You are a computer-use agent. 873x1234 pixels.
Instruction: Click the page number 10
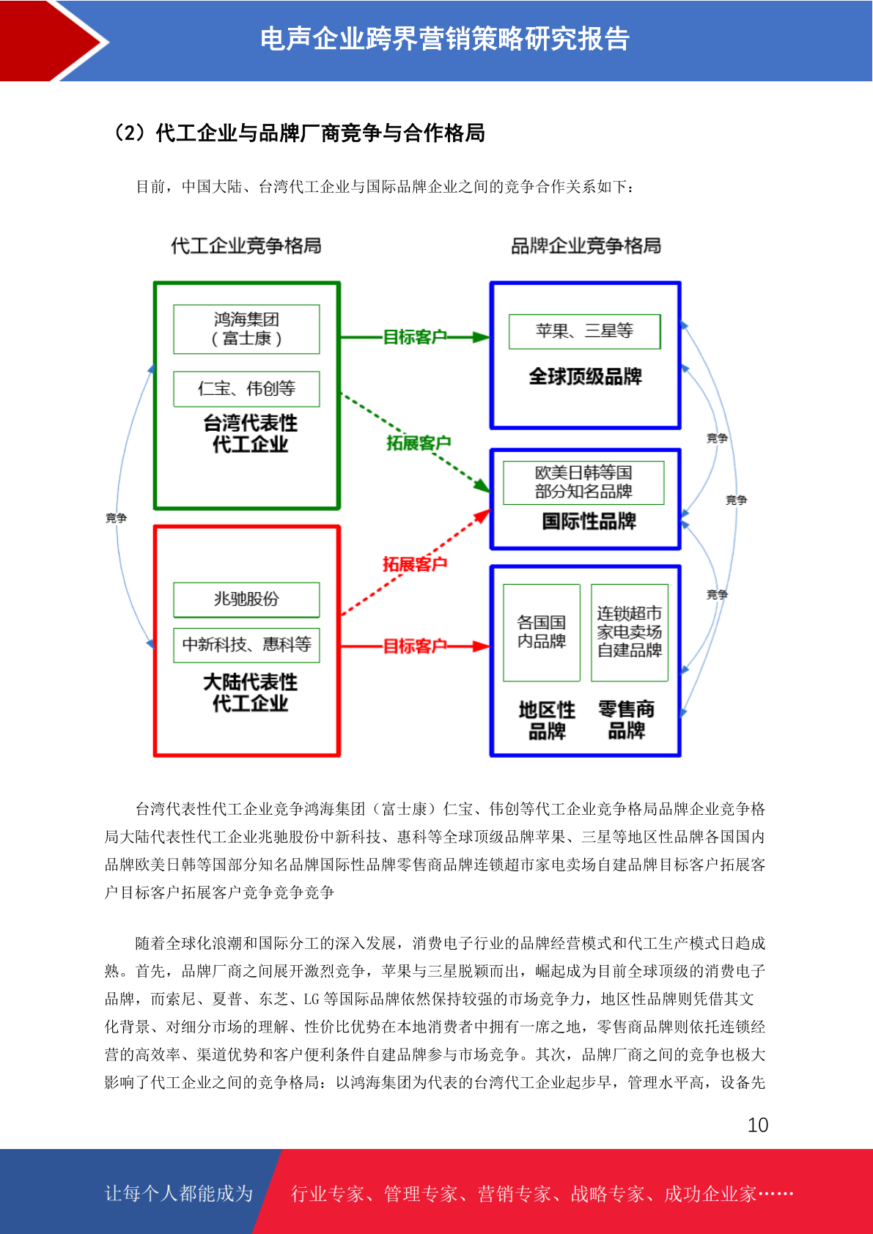pyautogui.click(x=757, y=1125)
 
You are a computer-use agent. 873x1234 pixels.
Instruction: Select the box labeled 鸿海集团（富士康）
pyautogui.click(x=246, y=329)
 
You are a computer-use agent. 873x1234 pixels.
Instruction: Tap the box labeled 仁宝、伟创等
pyautogui.click(x=246, y=389)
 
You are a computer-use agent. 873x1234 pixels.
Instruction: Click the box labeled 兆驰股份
pyautogui.click(x=246, y=599)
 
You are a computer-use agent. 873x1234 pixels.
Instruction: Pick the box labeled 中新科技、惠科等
pyautogui.click(x=246, y=645)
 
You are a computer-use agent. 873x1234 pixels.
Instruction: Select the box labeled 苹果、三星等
pyautogui.click(x=584, y=331)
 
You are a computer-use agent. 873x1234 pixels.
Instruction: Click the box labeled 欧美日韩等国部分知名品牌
pyautogui.click(x=583, y=482)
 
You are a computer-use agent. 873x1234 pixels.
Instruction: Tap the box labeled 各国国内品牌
pyautogui.click(x=542, y=632)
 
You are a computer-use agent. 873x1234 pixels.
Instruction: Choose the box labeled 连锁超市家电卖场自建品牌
pyautogui.click(x=630, y=632)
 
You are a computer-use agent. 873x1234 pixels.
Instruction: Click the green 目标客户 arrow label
pyautogui.click(x=414, y=336)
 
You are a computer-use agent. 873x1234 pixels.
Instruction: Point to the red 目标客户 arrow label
pyautogui.click(x=414, y=646)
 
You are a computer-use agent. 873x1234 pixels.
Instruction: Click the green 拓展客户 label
pyautogui.click(x=419, y=443)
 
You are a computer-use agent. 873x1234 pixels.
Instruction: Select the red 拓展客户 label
pyautogui.click(x=414, y=564)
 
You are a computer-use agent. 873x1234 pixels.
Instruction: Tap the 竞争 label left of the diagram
pyautogui.click(x=116, y=518)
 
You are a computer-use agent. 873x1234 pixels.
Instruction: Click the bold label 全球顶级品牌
pyautogui.click(x=586, y=376)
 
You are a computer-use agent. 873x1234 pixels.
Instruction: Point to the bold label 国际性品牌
pyautogui.click(x=589, y=520)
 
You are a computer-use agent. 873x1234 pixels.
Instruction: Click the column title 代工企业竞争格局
pyautogui.click(x=246, y=245)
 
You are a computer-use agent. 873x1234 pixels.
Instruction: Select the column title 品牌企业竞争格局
pyautogui.click(x=586, y=245)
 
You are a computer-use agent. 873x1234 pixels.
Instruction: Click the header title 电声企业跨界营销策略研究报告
pyautogui.click(x=445, y=39)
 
